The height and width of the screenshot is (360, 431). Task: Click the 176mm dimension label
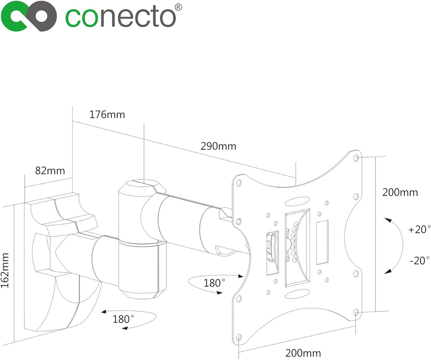pyautogui.click(x=107, y=115)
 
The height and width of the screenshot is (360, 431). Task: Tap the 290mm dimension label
pyautogui.click(x=219, y=146)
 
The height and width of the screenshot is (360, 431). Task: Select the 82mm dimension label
pyautogui.click(x=50, y=171)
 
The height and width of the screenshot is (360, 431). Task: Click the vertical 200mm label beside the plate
pyautogui.click(x=400, y=192)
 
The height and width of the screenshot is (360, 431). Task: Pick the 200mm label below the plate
pyautogui.click(x=303, y=353)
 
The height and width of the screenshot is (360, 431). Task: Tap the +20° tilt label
pyautogui.click(x=419, y=229)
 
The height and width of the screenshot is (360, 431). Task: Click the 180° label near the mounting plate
pyautogui.click(x=214, y=283)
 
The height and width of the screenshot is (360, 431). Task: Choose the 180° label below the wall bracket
pyautogui.click(x=123, y=319)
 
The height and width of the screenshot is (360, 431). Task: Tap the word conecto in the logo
pyautogui.click(x=121, y=18)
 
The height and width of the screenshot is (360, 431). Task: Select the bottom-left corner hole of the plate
pyautogui.click(x=239, y=337)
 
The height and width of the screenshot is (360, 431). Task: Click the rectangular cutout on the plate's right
pyautogui.click(x=322, y=242)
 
